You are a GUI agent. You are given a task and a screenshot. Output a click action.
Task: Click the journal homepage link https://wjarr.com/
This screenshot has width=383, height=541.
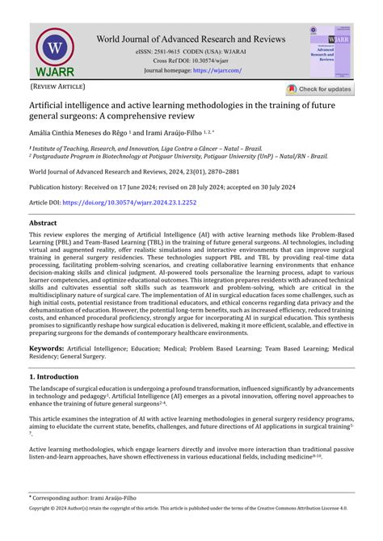pyautogui.click(x=217, y=70)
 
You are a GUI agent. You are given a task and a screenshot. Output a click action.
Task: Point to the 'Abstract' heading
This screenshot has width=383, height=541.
pyautogui.click(x=44, y=222)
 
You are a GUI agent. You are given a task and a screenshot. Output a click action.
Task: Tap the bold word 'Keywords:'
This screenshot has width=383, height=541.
pyautogui.click(x=47, y=348)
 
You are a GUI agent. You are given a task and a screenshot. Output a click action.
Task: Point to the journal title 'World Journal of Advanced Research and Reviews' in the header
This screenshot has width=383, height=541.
pyautogui.click(x=191, y=38)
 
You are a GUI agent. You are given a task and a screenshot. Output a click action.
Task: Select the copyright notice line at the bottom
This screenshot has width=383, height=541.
pyautogui.click(x=191, y=531)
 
